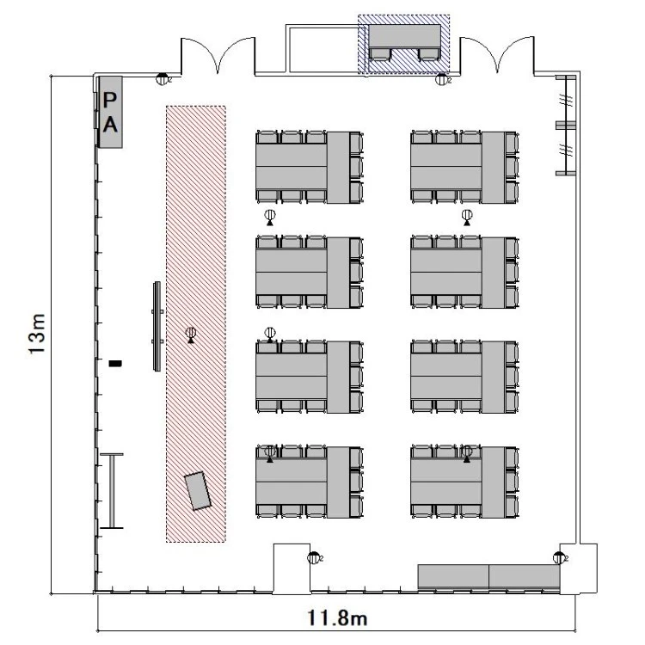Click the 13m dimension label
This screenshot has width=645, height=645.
(37, 333)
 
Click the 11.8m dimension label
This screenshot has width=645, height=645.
(337, 617)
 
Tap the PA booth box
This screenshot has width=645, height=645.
(110, 112)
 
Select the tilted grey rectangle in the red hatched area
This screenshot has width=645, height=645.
(198, 491)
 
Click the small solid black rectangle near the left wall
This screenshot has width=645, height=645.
(115, 363)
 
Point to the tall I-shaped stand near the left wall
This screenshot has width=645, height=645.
(112, 491)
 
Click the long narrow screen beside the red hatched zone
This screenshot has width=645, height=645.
(157, 326)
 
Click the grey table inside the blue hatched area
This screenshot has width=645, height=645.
(404, 36)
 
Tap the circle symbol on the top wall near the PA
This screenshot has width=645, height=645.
(163, 78)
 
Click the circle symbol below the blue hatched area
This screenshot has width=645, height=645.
(441, 79)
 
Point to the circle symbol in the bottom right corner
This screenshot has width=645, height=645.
(559, 557)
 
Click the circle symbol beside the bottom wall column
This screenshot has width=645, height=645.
(313, 558)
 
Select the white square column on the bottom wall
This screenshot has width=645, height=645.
(292, 569)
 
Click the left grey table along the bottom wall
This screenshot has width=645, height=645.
(453, 576)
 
